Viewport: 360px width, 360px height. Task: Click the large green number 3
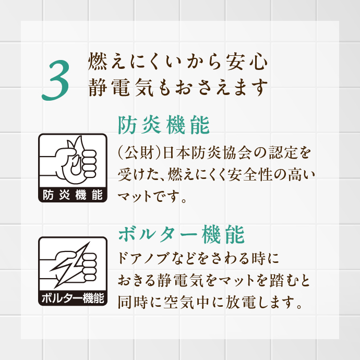click(55, 80)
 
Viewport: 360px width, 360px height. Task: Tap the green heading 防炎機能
click(164, 125)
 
